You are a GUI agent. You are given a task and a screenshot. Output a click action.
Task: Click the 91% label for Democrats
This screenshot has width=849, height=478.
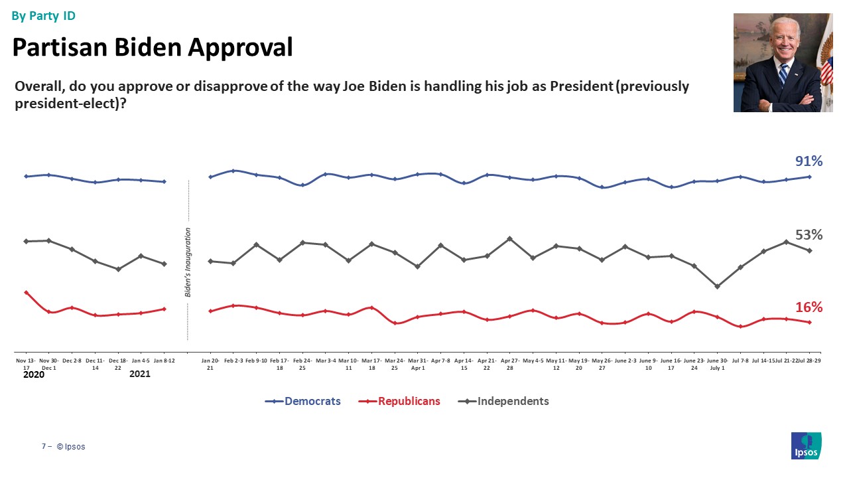(x=809, y=161)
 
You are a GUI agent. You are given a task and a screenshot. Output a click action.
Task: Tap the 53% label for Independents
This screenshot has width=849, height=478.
(x=809, y=235)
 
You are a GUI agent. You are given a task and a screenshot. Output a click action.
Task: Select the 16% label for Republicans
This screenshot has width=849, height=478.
(x=809, y=307)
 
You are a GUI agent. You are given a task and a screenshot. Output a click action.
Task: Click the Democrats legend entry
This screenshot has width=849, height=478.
(x=303, y=401)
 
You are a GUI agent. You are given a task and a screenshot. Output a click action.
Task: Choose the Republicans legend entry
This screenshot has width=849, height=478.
(x=399, y=401)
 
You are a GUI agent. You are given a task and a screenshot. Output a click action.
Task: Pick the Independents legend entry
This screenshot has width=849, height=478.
(x=504, y=401)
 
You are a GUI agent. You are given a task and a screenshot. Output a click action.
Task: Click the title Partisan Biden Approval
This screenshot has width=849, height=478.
(x=153, y=47)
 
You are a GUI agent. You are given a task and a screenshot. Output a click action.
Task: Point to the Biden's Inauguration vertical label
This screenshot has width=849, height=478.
(x=188, y=262)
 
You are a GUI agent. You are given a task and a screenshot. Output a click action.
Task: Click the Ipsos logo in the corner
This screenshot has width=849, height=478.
(x=806, y=445)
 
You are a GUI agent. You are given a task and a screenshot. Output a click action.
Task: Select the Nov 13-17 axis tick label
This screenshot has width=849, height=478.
(x=26, y=363)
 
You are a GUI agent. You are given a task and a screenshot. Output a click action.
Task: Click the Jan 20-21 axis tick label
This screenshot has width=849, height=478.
(x=210, y=363)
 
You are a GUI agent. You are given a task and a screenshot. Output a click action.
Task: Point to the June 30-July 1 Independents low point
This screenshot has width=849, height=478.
(x=717, y=287)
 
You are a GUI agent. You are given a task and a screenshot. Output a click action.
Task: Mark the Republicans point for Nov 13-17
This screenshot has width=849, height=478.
(x=26, y=292)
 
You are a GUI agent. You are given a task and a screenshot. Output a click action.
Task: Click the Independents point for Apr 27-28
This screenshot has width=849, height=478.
(x=509, y=238)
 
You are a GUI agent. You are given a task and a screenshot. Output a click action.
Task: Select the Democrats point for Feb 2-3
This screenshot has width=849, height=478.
(x=233, y=171)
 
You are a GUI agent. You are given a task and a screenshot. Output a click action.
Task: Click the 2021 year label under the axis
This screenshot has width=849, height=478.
(x=139, y=374)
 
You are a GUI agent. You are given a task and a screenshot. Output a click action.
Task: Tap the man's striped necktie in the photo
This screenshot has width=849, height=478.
(x=783, y=74)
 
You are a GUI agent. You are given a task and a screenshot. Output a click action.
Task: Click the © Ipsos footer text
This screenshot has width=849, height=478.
(x=71, y=447)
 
